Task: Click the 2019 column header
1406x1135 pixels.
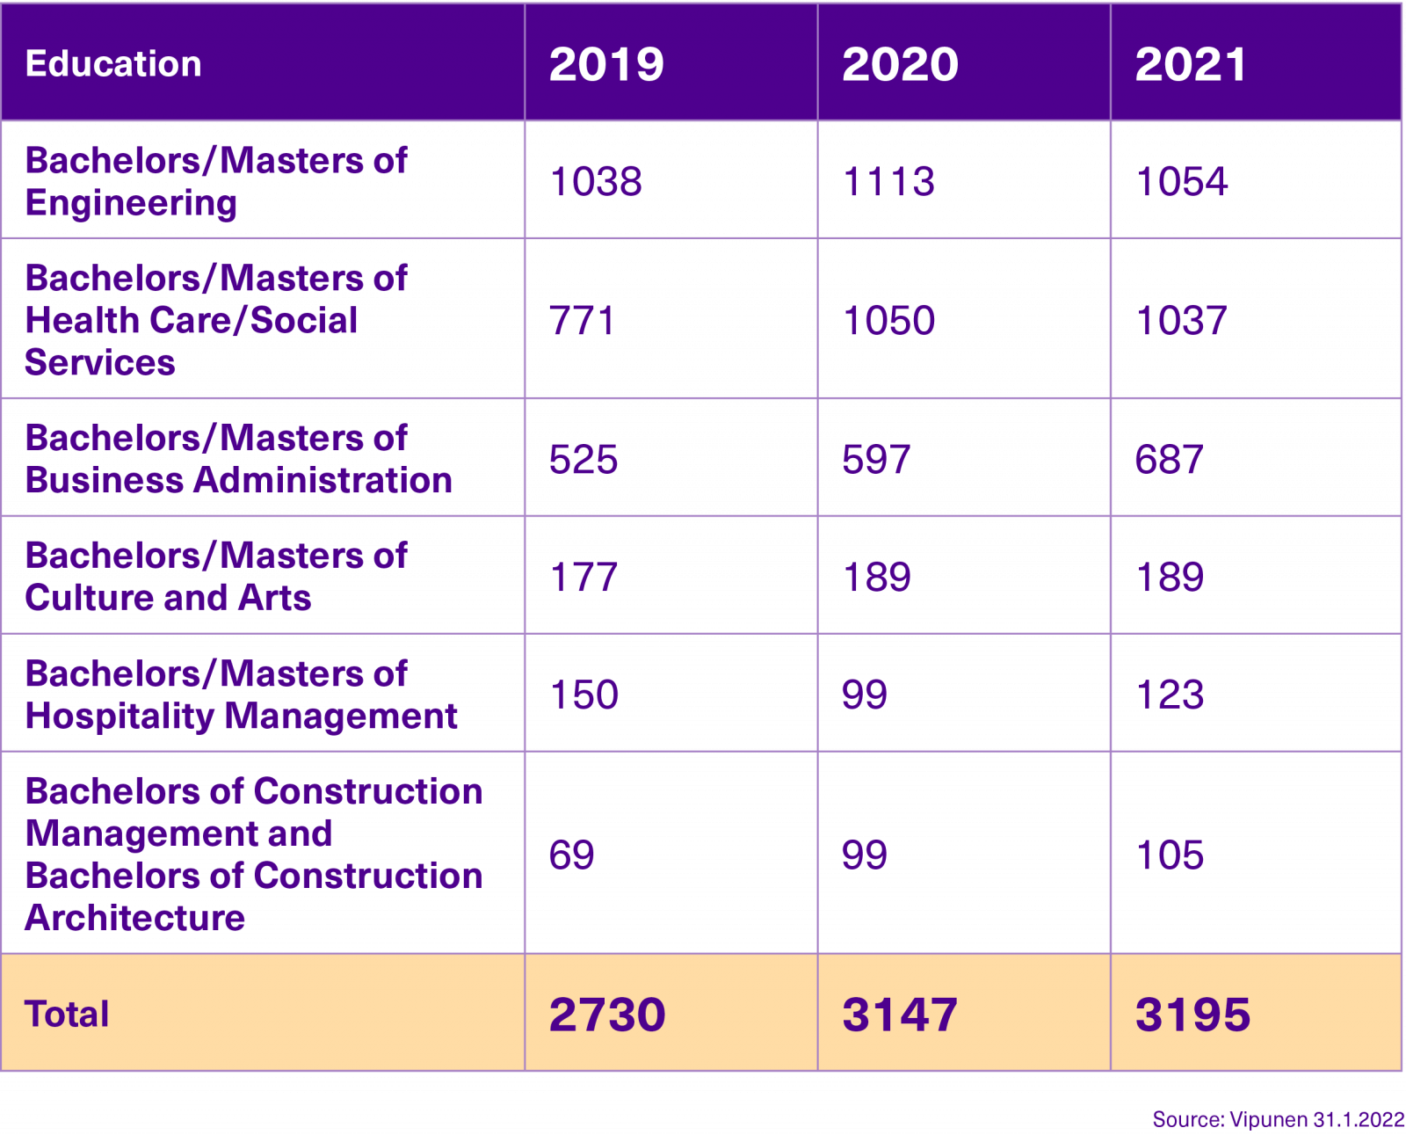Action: coord(606,64)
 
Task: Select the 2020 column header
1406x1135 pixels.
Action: coord(900,64)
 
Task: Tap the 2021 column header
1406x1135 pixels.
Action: coord(1191,64)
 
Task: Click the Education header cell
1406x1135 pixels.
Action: coord(113,64)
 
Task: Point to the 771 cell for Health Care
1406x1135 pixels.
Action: coord(581,321)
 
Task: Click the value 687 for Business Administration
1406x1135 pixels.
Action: coord(1169,460)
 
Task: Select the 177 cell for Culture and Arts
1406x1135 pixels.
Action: coord(583,578)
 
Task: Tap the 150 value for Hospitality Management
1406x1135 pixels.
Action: coord(583,695)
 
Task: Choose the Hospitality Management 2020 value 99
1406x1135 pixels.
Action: coord(864,695)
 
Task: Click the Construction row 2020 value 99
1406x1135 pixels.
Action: coord(864,855)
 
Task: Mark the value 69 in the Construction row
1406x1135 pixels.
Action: coord(571,855)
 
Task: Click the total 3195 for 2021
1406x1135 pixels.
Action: coord(1192,1015)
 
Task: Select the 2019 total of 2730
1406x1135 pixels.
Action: coord(606,1015)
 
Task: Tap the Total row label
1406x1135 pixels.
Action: coord(67,1015)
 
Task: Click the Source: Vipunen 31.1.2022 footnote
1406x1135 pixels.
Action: coord(1278,1120)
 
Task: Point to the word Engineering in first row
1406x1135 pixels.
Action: coord(131,203)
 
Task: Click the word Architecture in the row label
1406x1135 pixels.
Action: coord(134,919)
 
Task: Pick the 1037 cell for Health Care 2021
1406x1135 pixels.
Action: coord(1181,321)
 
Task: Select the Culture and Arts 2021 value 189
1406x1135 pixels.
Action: coord(1170,578)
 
